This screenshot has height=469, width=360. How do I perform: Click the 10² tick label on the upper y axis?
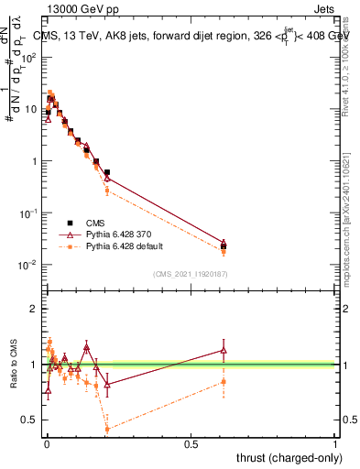[28, 57]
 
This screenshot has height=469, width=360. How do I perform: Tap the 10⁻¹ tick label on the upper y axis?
[28, 213]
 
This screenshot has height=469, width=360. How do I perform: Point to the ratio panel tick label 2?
[33, 309]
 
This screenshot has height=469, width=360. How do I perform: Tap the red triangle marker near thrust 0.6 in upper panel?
[224, 243]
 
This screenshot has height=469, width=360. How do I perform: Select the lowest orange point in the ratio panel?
[107, 429]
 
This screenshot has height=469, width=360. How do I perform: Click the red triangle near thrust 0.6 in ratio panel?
[224, 350]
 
